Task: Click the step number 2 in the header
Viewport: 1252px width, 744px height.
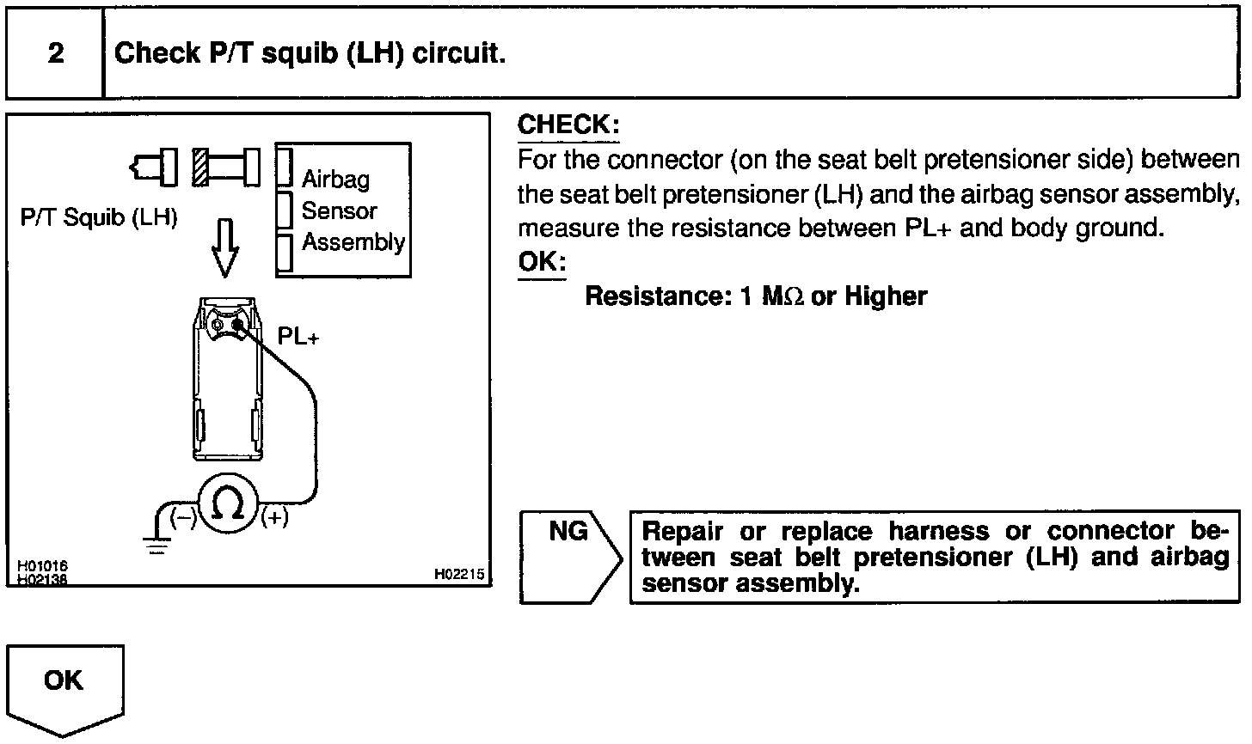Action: [x=56, y=54]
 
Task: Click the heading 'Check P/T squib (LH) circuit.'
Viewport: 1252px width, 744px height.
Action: [x=310, y=54]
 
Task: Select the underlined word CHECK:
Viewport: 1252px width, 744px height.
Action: [x=568, y=125]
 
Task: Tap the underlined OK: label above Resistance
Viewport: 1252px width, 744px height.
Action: [x=541, y=261]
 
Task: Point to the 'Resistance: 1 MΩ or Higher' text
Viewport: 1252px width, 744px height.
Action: [x=756, y=296]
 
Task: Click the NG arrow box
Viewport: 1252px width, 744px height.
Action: [x=569, y=557]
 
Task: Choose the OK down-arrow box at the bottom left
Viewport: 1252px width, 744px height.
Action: [x=64, y=688]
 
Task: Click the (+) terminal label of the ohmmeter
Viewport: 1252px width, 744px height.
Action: [x=274, y=517]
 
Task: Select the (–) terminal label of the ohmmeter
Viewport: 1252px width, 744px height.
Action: [x=182, y=517]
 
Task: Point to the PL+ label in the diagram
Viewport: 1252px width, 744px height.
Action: [x=298, y=337]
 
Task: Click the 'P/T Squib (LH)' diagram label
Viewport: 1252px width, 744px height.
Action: [x=99, y=217]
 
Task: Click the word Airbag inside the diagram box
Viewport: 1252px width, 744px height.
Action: [x=335, y=179]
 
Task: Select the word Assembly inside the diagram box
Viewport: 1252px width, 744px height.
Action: [x=353, y=242]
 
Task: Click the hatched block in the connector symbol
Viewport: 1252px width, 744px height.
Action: [x=201, y=165]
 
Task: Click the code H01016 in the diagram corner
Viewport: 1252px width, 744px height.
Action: [x=42, y=566]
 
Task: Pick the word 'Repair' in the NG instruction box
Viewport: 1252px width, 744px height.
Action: [x=682, y=531]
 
